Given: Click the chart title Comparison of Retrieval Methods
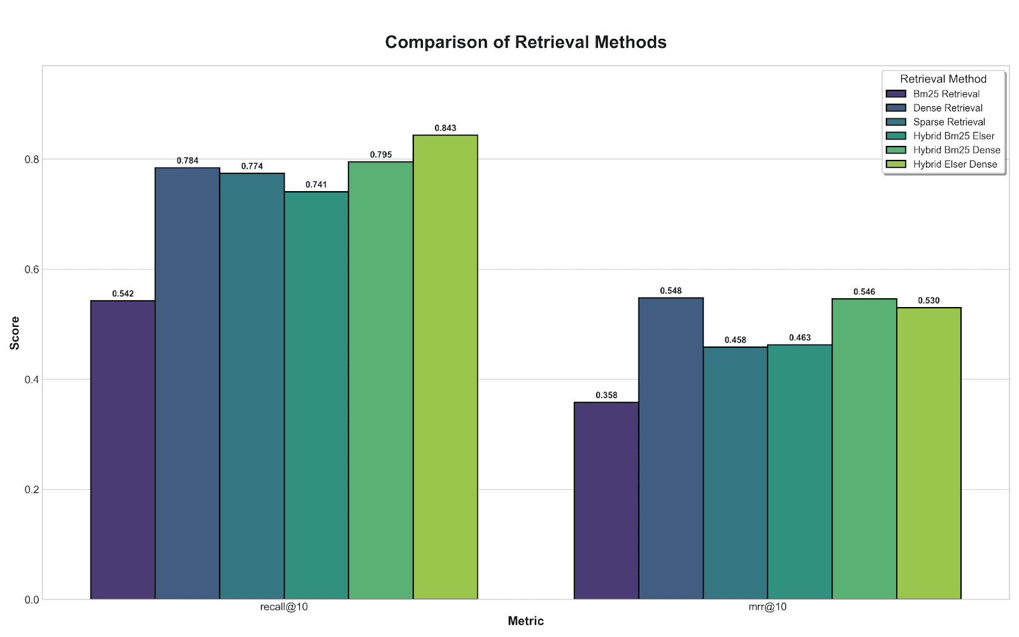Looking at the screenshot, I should (525, 42).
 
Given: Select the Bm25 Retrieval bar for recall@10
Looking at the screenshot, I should (123, 450).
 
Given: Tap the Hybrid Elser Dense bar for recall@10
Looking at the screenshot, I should (445, 367).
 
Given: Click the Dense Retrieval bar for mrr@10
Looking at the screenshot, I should (671, 448).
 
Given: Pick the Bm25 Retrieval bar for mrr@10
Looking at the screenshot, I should (606, 501).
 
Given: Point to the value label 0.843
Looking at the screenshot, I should (445, 128).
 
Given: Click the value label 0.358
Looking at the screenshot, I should (606, 395).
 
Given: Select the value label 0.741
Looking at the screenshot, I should (316, 185).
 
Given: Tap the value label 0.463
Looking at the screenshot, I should (800, 338).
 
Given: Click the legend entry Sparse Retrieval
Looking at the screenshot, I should (949, 122).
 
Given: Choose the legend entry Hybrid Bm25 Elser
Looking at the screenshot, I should (953, 136).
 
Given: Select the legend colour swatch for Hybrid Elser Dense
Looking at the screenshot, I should (896, 164).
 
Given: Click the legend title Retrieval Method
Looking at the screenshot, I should (943, 79).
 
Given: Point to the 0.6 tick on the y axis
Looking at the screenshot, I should (32, 269).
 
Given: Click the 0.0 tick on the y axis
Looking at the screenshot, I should (32, 599).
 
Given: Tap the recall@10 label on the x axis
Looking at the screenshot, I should (284, 607).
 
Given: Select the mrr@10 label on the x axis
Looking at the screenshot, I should (767, 607).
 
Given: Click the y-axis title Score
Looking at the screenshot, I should (15, 333).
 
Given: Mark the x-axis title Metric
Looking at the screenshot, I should (525, 621).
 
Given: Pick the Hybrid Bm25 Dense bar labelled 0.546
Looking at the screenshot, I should (864, 449).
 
